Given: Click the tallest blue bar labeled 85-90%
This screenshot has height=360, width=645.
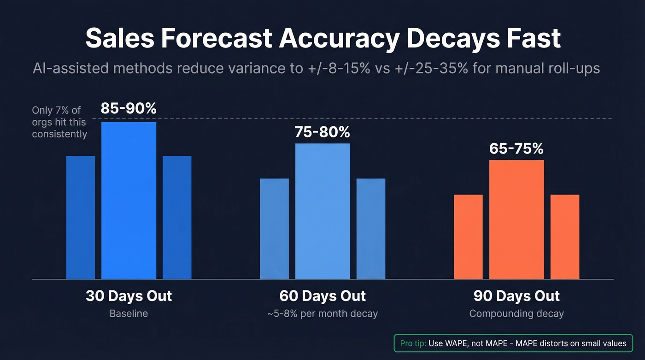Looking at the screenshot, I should [x=129, y=201].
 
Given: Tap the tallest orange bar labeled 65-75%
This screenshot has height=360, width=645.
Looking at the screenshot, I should [x=516, y=219].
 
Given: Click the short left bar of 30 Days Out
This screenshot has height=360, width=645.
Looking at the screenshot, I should [x=81, y=217].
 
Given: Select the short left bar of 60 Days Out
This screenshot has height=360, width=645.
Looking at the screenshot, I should [x=274, y=229].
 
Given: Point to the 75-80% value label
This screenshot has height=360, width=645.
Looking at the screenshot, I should [x=322, y=132].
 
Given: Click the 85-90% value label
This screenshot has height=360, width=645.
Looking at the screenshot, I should [x=129, y=109].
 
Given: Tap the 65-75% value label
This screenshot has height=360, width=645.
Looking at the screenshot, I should [x=516, y=149].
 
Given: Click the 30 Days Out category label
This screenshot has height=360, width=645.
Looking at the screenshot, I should [x=129, y=296].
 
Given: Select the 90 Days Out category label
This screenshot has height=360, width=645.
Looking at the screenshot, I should [x=516, y=296].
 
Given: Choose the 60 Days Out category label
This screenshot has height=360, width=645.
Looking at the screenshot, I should [x=322, y=296].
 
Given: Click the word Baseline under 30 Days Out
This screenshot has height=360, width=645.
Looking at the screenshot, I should [x=129, y=314].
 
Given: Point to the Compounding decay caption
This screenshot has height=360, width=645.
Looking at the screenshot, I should [x=516, y=314].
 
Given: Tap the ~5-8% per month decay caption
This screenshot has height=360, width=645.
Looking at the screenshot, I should [x=322, y=314].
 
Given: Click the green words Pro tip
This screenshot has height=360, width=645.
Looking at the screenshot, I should [x=413, y=343].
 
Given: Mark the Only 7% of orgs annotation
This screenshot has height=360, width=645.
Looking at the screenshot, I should [x=59, y=122].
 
